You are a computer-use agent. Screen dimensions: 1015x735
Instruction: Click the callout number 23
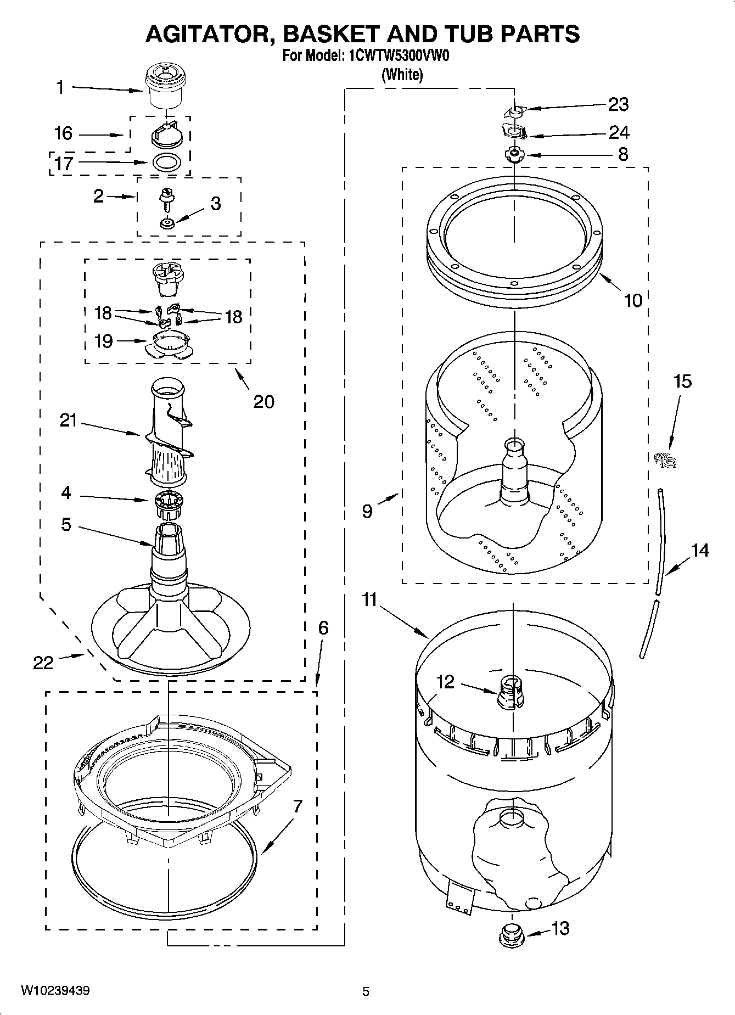[618, 104]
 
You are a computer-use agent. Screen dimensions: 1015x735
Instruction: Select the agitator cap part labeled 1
[164, 86]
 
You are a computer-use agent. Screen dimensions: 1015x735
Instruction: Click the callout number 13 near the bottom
[560, 928]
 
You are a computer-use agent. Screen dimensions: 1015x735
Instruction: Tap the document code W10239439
[55, 990]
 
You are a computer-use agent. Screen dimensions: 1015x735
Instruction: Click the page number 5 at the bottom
[366, 991]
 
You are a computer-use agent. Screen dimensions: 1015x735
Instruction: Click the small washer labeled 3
[166, 223]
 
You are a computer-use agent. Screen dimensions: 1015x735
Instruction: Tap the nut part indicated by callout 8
[514, 154]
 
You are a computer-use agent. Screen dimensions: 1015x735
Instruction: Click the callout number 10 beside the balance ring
[633, 300]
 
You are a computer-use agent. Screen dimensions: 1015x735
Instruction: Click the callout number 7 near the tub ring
[297, 806]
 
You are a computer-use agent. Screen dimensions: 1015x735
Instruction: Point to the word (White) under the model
[402, 75]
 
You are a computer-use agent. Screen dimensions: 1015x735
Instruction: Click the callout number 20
[263, 401]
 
